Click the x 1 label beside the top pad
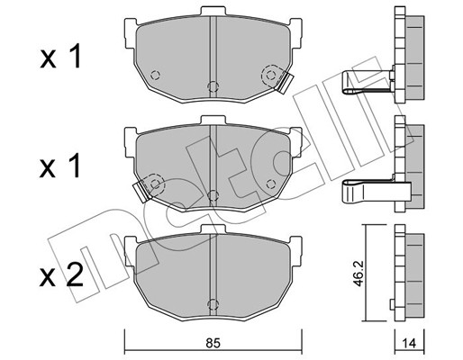(x=60, y=58)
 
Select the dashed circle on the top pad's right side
(x=268, y=76)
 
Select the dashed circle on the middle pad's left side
(x=154, y=184)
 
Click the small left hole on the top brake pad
(x=154, y=75)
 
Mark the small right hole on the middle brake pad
(x=268, y=184)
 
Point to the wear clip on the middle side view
(x=365, y=192)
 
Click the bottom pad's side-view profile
(x=410, y=274)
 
